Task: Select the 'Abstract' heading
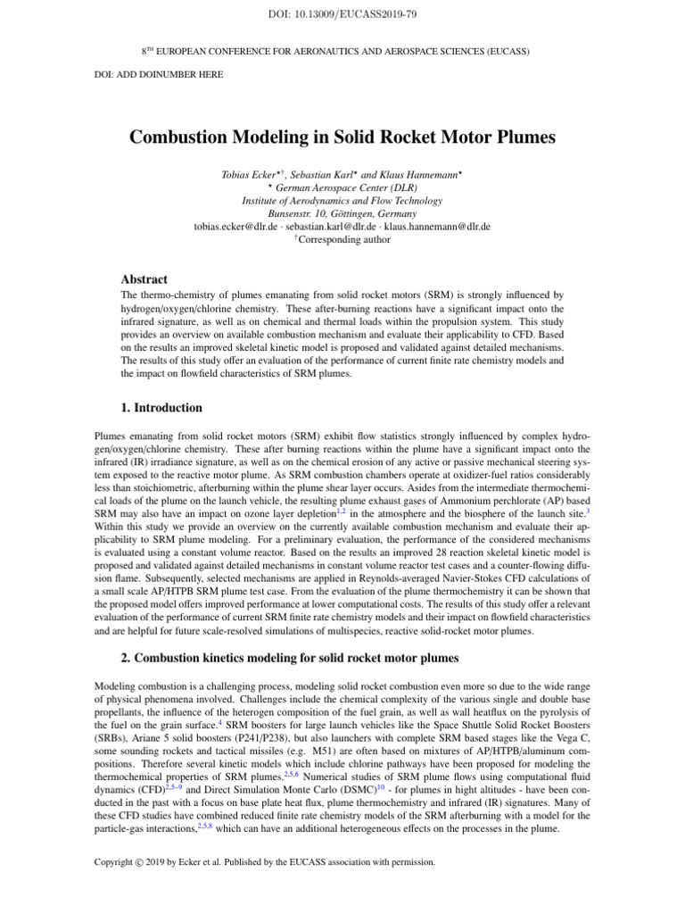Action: (144, 278)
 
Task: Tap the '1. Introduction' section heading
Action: (148, 408)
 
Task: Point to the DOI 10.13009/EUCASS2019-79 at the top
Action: (342, 12)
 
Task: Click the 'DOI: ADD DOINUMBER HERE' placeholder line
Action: (159, 74)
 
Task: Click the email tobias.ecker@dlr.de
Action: (235, 227)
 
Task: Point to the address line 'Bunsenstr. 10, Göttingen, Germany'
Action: (342, 214)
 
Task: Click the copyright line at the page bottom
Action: (265, 861)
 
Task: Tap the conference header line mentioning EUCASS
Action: (342, 52)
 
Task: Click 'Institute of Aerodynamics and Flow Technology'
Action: (342, 201)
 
